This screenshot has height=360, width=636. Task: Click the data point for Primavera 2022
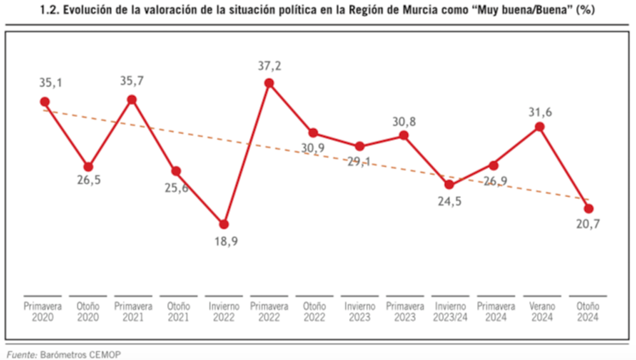tap(269, 83)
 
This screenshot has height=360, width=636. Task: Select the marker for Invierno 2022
tap(224, 224)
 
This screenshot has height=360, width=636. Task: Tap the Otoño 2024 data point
tap(588, 209)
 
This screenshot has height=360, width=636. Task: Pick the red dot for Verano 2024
tap(540, 127)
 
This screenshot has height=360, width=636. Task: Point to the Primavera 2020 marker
tap(45, 102)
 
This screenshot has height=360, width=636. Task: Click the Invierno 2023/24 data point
tap(449, 184)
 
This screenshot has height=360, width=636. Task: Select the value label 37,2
tap(269, 66)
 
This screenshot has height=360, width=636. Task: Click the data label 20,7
tap(588, 225)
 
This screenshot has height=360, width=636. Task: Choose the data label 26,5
tap(89, 181)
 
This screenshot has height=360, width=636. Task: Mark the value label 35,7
tap(132, 82)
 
